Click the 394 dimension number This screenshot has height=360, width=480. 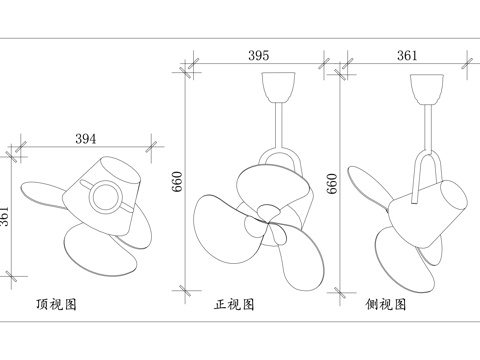(x=88, y=138)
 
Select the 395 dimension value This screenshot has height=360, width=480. (x=258, y=57)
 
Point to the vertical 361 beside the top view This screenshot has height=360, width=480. (x=7, y=215)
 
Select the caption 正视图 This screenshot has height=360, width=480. (x=234, y=301)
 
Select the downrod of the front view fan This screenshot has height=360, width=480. (x=275, y=125)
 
